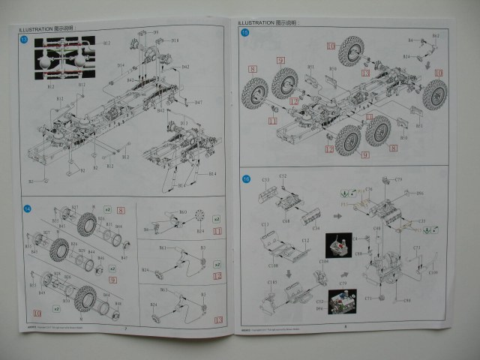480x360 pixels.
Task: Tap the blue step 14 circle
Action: point(28,208)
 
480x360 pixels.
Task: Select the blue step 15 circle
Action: point(244,33)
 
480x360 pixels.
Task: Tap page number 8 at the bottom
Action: point(344,327)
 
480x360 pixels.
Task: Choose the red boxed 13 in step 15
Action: point(329,148)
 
